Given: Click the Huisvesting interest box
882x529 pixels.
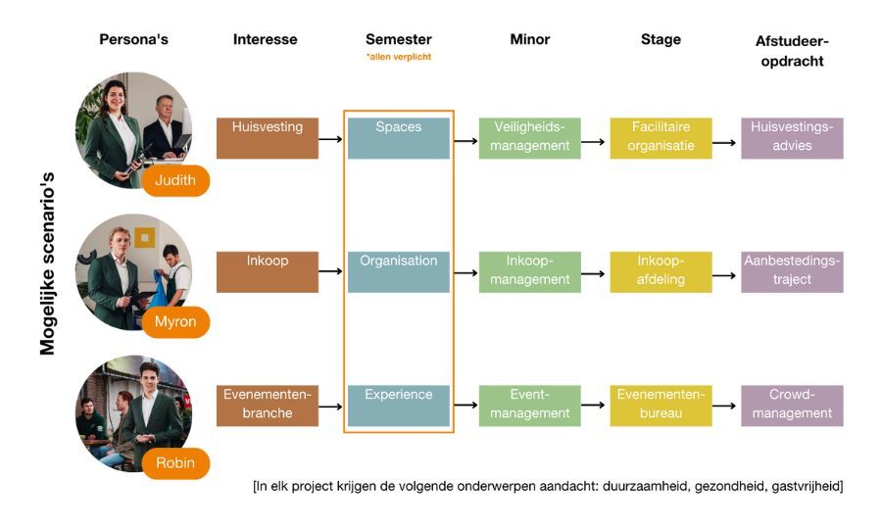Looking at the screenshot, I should coord(268,137).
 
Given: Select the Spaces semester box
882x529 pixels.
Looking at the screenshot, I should coord(398,137).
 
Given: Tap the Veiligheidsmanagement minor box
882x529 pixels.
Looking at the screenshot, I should coord(529,137).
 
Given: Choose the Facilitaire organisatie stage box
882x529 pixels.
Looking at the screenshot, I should coord(661,137).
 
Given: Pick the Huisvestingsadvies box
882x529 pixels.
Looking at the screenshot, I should coord(792,137).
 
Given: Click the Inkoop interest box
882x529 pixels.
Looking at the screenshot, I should coord(268,271).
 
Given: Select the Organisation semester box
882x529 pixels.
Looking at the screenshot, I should coord(398,271).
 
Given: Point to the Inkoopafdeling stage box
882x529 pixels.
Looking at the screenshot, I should coord(661,271).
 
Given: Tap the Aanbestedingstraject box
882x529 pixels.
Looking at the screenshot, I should coord(792,271).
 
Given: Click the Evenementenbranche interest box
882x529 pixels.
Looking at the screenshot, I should coord(268,405).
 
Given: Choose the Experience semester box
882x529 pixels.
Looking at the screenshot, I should coord(398,405).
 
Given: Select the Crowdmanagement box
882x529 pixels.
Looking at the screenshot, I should coord(792,405).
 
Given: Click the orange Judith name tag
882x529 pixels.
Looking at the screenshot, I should coord(175,180).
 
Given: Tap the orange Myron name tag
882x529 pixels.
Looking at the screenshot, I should coord(175,321).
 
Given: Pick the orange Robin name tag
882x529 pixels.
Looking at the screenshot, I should coord(175,462).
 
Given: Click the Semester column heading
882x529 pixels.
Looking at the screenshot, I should coord(398,40).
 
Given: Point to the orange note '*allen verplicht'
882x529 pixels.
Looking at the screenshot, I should coord(398,57).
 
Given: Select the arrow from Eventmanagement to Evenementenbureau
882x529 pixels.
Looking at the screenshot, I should coord(594,405).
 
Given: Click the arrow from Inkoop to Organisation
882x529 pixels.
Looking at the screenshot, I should coord(331,271).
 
